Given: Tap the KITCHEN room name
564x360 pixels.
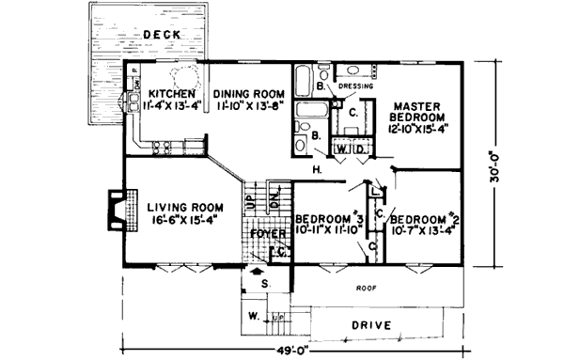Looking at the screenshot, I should (x=170, y=94).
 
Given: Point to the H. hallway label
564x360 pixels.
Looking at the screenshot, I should (x=317, y=169).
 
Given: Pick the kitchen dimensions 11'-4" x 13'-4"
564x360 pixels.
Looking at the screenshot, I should (x=170, y=106).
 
